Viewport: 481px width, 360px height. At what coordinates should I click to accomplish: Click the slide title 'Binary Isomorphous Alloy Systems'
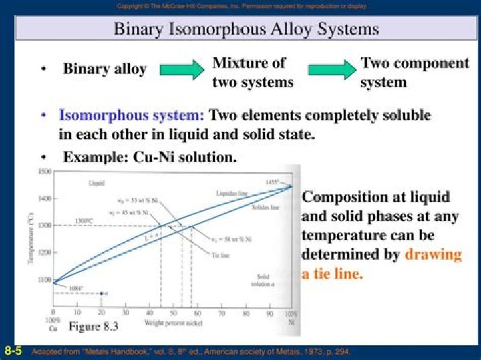coord(246,29)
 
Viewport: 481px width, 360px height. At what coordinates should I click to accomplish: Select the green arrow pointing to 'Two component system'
coord(331,69)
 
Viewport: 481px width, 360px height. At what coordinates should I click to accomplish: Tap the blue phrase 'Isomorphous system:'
coord(131,115)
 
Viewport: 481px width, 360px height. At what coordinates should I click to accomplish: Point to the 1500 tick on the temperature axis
coord(44,172)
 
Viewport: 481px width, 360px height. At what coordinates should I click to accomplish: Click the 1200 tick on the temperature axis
coord(44,252)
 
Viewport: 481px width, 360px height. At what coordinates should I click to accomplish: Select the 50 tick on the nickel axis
coord(173,312)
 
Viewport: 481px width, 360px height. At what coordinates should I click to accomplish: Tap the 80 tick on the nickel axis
coord(247,312)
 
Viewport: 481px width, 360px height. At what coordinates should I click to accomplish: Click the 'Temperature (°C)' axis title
coord(31,239)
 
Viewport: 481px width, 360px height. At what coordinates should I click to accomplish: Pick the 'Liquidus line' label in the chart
coord(232,193)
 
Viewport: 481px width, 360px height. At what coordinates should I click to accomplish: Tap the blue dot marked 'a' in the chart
coord(101,294)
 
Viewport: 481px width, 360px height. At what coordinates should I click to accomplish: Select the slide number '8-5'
coord(13,351)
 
